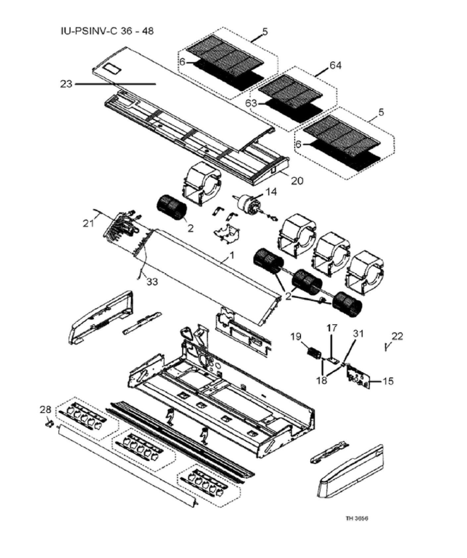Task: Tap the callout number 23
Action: pyautogui.click(x=66, y=84)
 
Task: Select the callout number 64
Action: pyautogui.click(x=335, y=66)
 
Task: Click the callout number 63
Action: pyautogui.click(x=251, y=103)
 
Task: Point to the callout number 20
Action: pyautogui.click(x=297, y=180)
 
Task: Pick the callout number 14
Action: pyautogui.click(x=271, y=192)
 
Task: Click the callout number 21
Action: pyautogui.click(x=88, y=224)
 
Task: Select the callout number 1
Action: pyautogui.click(x=232, y=255)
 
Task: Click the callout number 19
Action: pyautogui.click(x=296, y=337)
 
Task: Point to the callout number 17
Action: pyautogui.click(x=332, y=328)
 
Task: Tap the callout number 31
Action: pyautogui.click(x=358, y=334)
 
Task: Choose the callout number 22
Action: pyautogui.click(x=397, y=336)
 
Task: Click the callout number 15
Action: pyautogui.click(x=388, y=381)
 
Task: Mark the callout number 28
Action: pyautogui.click(x=45, y=409)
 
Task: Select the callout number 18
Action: pyautogui.click(x=321, y=380)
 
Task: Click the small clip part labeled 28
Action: pyautogui.click(x=49, y=424)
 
